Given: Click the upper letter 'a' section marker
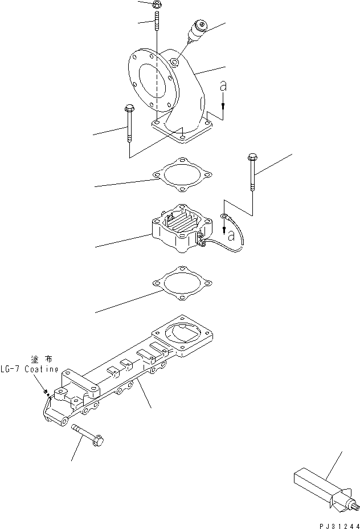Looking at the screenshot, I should [223, 87].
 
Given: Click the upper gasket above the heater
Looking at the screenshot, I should [179, 175].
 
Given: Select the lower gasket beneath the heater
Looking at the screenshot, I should [179, 283].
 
